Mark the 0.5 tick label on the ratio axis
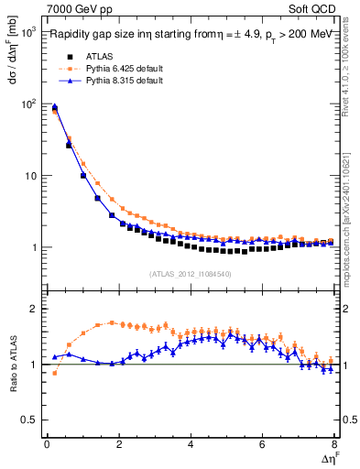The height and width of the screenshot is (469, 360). tap(29, 420)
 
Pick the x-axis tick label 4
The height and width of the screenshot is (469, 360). tap(191, 445)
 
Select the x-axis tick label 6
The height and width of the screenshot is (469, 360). tap(263, 445)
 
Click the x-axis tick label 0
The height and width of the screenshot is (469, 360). tap(47, 445)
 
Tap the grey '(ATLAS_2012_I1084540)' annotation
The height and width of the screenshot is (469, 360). tap(191, 274)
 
